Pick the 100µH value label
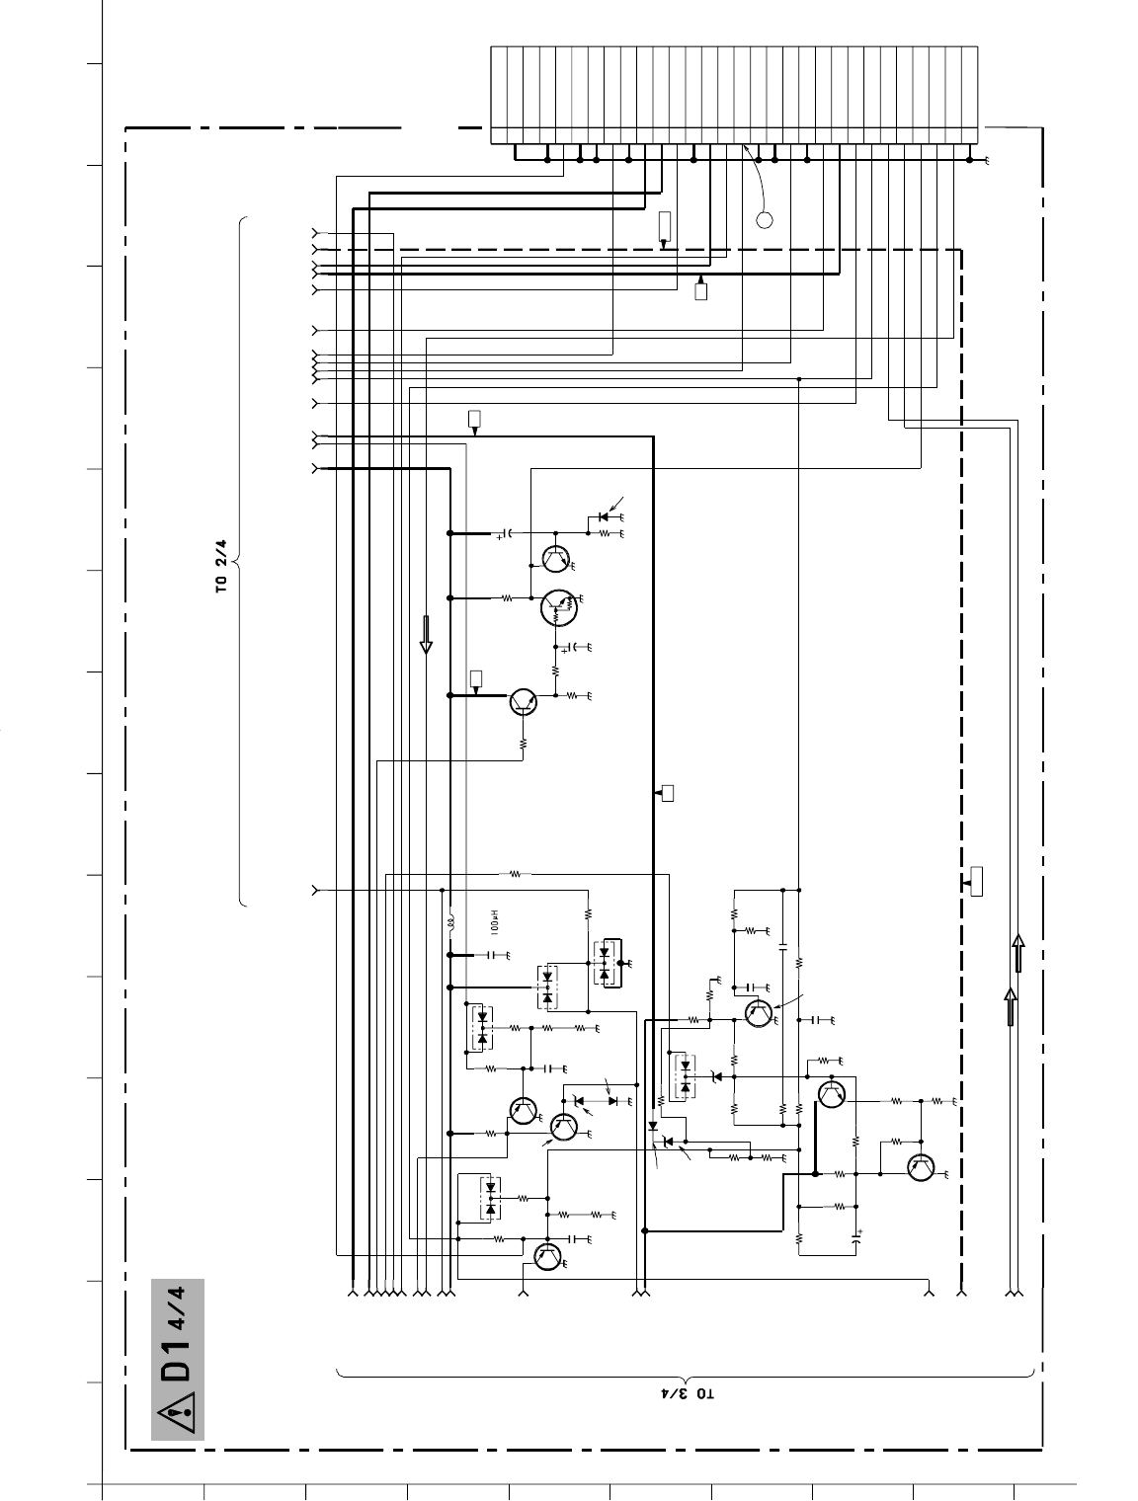pyautogui.click(x=494, y=924)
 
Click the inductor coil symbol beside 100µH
pyautogui.click(x=450, y=923)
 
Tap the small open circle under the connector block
pyautogui.click(x=764, y=219)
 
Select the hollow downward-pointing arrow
pyautogui.click(x=428, y=634)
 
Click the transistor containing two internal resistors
pyautogui.click(x=558, y=607)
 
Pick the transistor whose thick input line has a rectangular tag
pyautogui.click(x=525, y=701)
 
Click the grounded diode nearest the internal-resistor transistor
pyautogui.click(x=604, y=516)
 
